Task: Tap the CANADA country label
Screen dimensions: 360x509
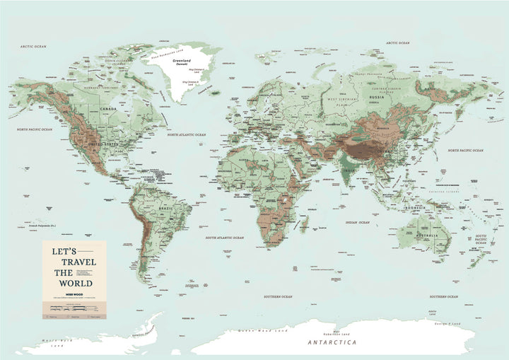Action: tap(108, 109)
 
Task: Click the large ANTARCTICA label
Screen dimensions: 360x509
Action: tap(332, 342)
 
